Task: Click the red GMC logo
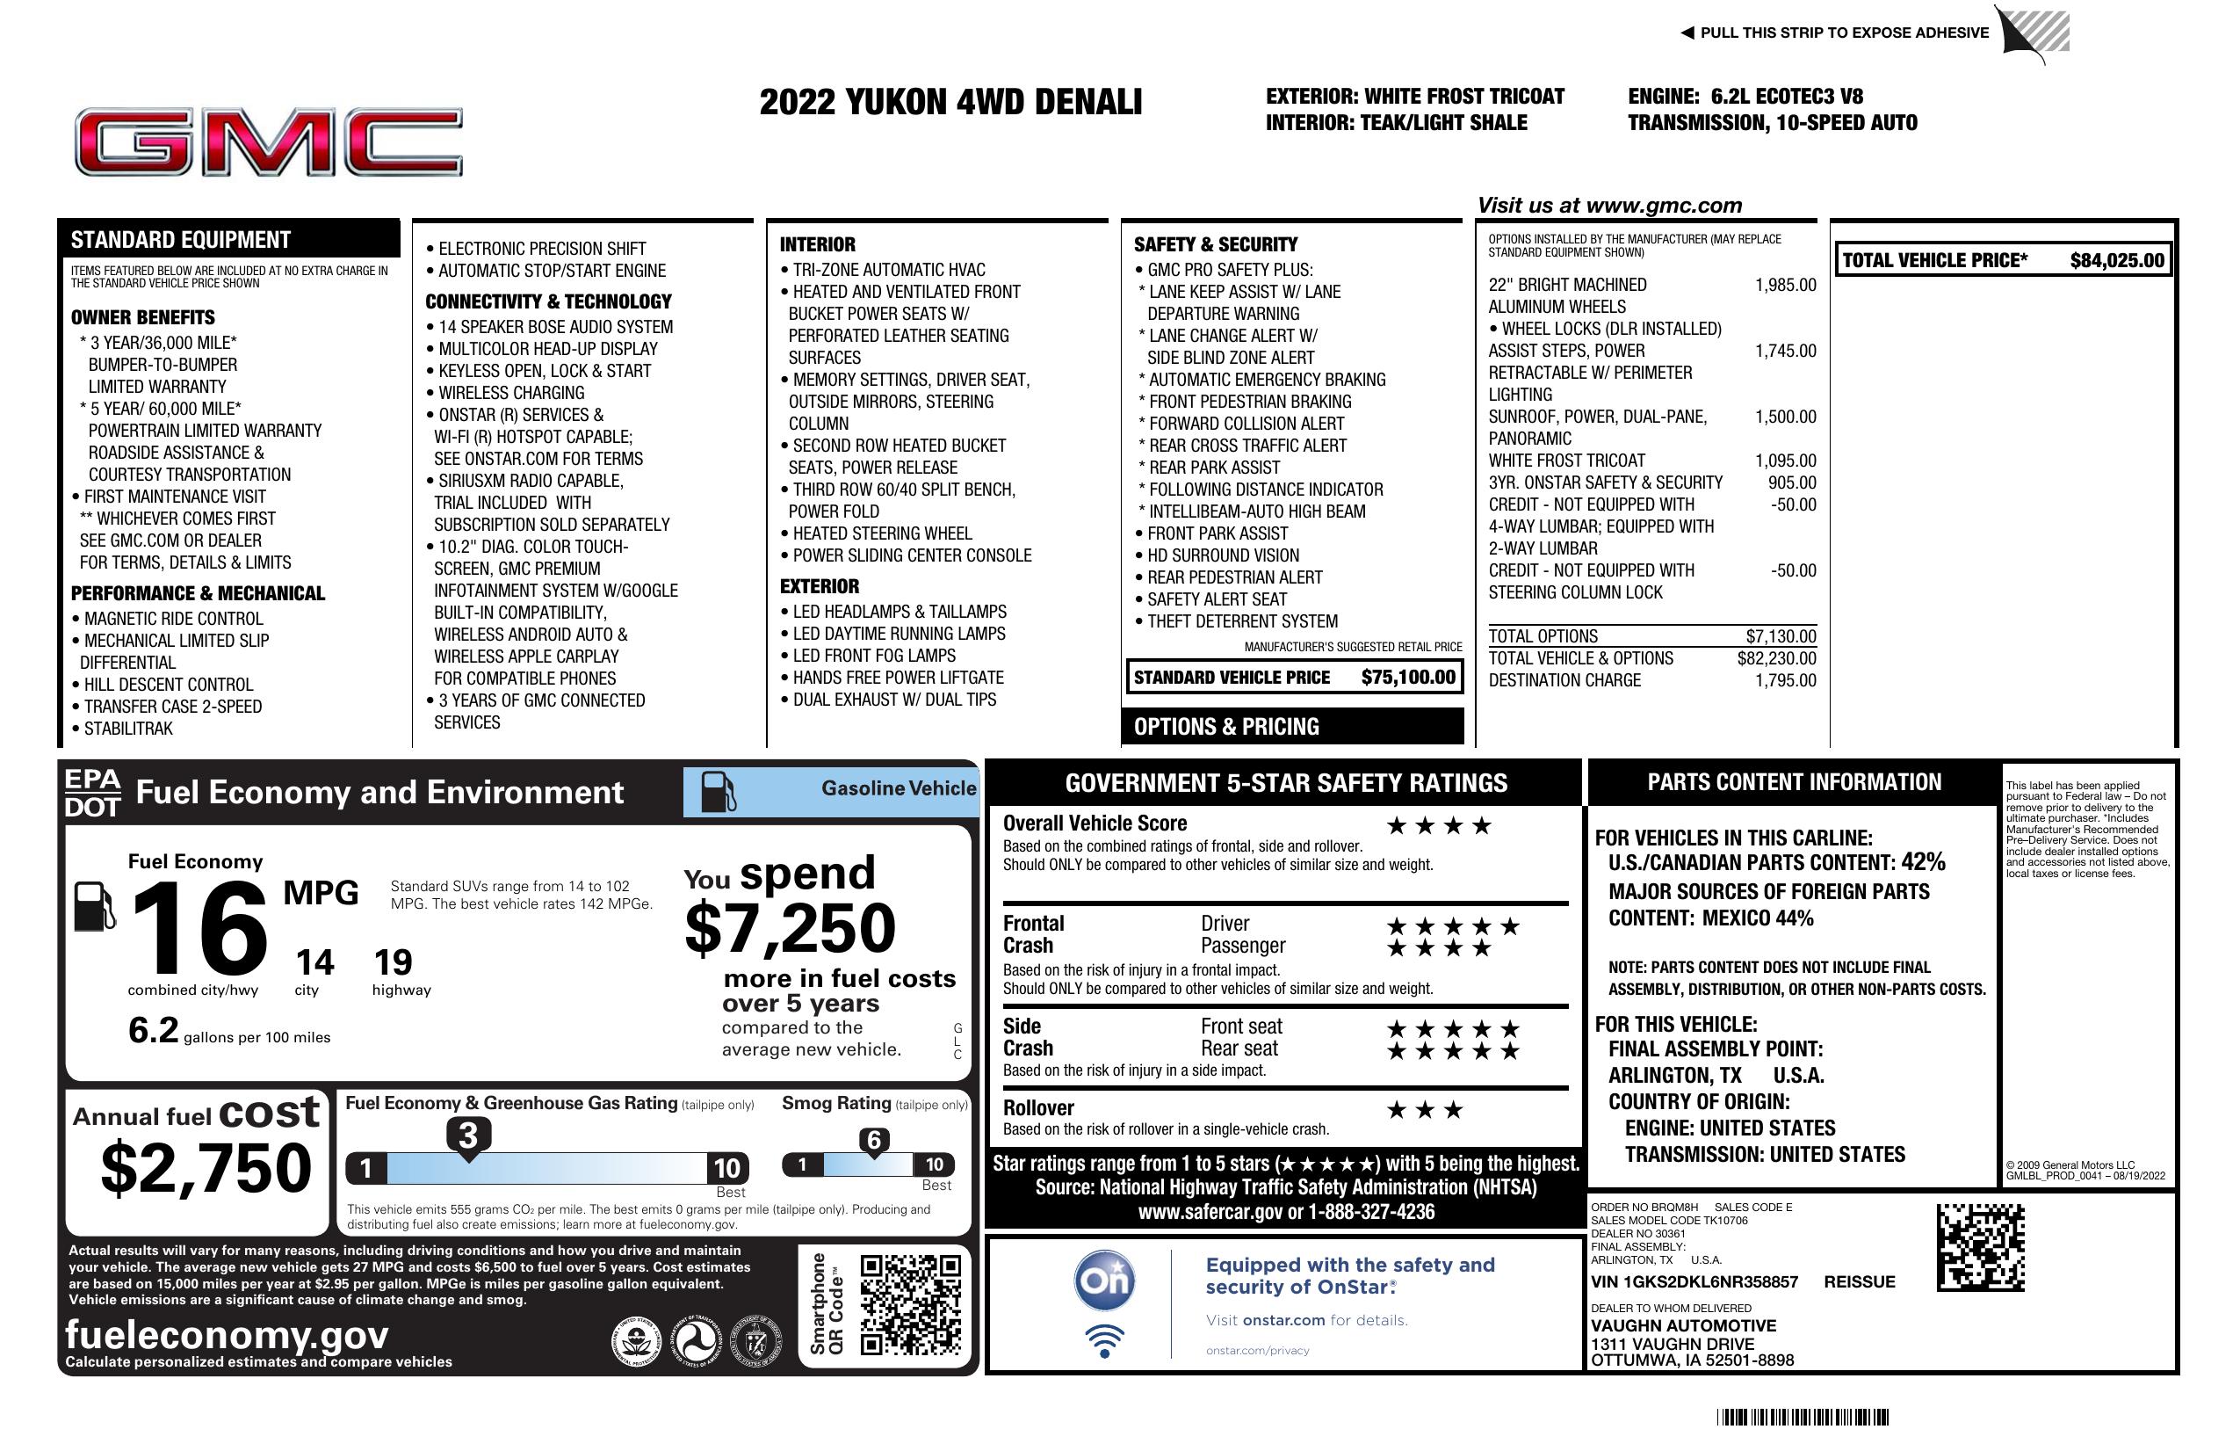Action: [x=268, y=142]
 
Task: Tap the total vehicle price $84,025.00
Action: [x=2117, y=261]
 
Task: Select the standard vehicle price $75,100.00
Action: [x=1408, y=677]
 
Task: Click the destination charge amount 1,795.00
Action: [x=1785, y=680]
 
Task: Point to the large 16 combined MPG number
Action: [x=199, y=929]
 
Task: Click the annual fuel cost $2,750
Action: [x=206, y=1168]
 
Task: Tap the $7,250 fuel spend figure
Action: [x=790, y=928]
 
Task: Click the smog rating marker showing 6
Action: [x=873, y=1140]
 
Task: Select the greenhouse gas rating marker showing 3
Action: [x=467, y=1135]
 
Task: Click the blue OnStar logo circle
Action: [x=1105, y=1281]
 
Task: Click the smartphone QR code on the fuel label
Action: [x=910, y=1304]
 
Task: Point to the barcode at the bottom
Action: [x=1802, y=1417]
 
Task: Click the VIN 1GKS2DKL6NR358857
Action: [x=1694, y=1281]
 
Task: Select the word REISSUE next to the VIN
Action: [x=1859, y=1281]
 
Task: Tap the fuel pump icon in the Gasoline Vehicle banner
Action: [x=719, y=792]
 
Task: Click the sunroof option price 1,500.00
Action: [x=1785, y=417]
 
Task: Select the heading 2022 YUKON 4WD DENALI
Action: [x=950, y=102]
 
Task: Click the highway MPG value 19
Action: [x=393, y=962]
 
